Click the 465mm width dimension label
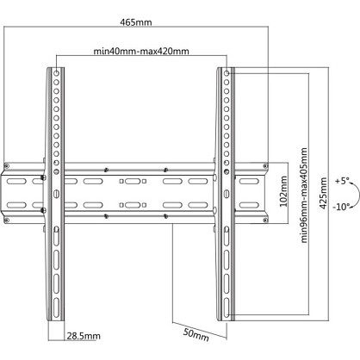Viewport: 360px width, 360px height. coord(136,22)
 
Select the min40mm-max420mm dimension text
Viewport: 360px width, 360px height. coord(141,51)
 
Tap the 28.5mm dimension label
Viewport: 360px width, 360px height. coord(84,336)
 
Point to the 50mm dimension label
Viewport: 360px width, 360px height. coord(196,334)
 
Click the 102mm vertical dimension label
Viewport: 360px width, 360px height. coord(283,191)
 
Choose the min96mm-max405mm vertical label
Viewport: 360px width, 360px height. coord(304,196)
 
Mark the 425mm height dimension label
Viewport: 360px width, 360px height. coord(324,193)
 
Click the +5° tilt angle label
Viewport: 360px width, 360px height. coord(342,181)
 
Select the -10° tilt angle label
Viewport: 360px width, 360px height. coord(341,207)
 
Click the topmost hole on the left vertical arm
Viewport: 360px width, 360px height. coord(57,73)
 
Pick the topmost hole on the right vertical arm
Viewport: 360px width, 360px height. coord(227,73)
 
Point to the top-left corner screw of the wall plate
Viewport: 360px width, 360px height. coord(7,165)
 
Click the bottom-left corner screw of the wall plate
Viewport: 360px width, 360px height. coord(7,220)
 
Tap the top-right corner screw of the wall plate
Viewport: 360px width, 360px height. coord(265,165)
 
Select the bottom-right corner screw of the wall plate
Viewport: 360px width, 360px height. coord(265,220)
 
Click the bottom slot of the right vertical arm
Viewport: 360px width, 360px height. coord(227,307)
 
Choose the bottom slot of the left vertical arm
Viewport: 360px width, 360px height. coord(56,307)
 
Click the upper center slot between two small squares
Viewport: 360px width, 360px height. coord(133,181)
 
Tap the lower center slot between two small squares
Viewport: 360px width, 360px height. coord(133,205)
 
